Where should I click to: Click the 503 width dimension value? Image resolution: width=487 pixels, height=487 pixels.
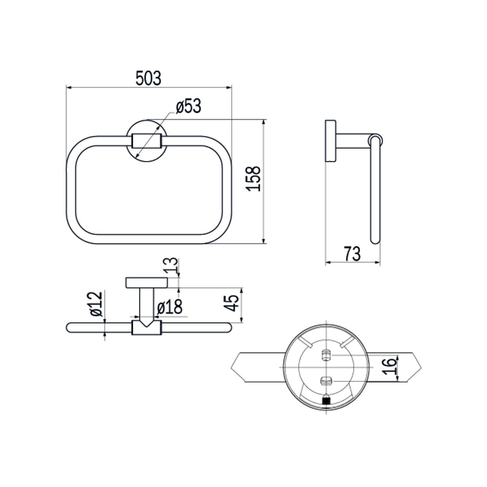148,79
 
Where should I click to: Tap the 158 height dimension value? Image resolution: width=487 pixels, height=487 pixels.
254,178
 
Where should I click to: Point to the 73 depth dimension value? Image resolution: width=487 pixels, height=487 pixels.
352,254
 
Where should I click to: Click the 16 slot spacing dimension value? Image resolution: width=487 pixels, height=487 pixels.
390,366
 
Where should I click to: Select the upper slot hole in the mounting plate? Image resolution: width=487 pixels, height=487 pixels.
326,355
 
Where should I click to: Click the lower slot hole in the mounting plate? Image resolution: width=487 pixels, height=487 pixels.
326,380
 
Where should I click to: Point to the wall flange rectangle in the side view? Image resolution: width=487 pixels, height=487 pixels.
331,141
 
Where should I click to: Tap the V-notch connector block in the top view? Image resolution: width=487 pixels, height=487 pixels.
147,328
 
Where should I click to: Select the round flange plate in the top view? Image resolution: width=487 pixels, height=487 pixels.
147,283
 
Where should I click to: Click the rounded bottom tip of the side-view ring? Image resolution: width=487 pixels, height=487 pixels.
375,240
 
